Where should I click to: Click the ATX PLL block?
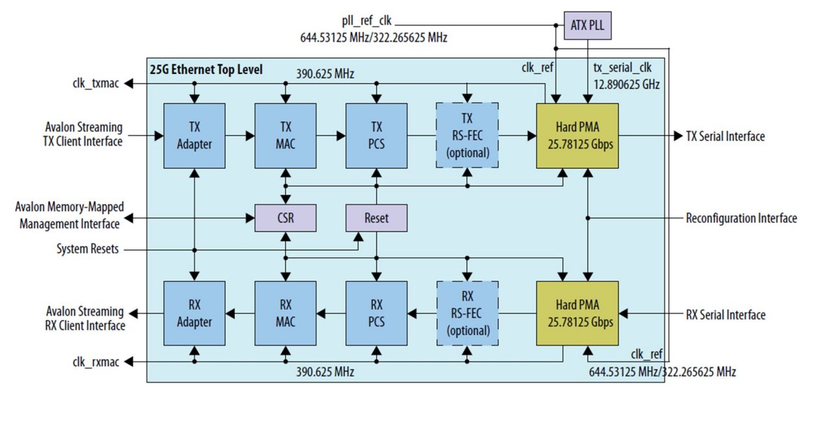click(x=587, y=25)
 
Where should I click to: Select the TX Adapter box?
click(x=194, y=136)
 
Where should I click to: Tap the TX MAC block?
click(x=285, y=136)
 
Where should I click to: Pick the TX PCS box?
click(x=376, y=136)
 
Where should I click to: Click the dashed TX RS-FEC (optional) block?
click(x=468, y=136)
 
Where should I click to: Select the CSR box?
click(x=285, y=218)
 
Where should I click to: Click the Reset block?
click(x=376, y=218)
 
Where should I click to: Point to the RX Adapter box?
click(x=194, y=314)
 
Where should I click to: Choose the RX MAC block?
click(x=285, y=314)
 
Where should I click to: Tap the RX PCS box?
click(x=376, y=314)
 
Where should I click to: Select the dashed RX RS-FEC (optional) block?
click(x=468, y=314)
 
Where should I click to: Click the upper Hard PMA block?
click(x=576, y=136)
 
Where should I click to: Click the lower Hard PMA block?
click(x=576, y=314)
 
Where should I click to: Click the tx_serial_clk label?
click(x=623, y=68)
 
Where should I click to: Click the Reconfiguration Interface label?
click(x=741, y=218)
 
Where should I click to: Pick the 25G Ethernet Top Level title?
click(x=206, y=69)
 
